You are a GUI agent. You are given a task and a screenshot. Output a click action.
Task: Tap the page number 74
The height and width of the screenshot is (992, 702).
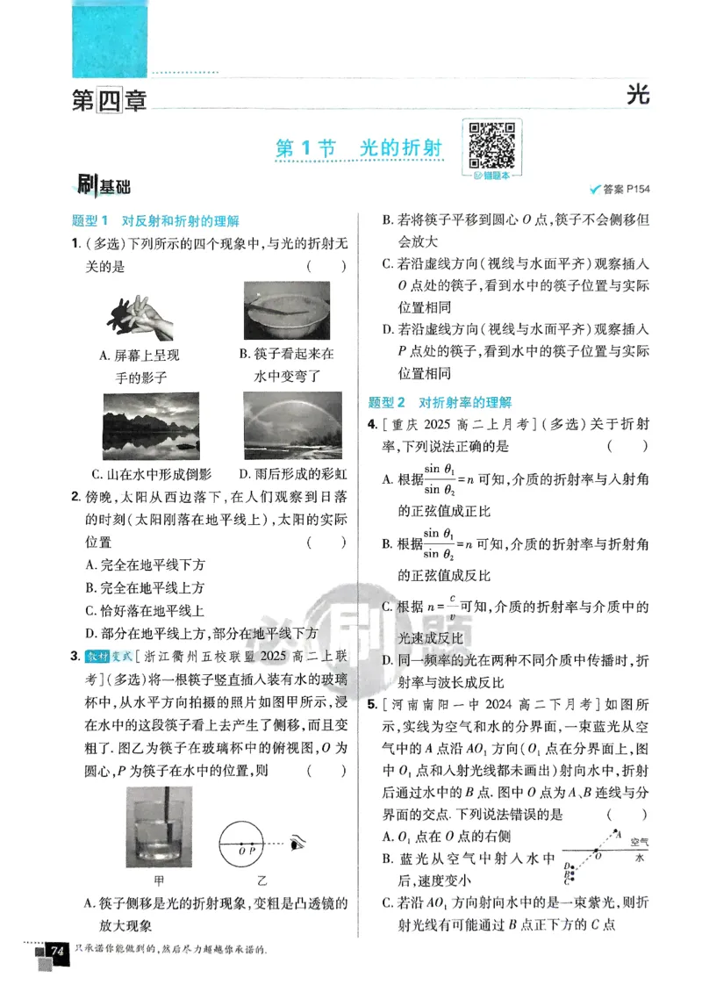(x=58, y=952)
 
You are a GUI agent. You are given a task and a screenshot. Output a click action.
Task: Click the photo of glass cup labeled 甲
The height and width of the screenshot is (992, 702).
(x=159, y=827)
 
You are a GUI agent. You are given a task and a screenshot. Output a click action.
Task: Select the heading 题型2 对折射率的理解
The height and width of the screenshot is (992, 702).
(x=440, y=402)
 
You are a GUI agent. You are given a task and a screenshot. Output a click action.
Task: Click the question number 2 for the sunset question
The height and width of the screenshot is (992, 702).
(x=76, y=496)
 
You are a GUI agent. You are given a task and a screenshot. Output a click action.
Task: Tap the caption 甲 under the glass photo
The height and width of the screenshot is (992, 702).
(x=159, y=880)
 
